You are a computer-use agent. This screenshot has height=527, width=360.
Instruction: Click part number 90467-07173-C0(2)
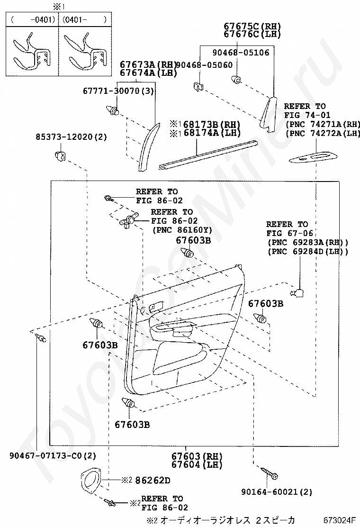pyautogui.click(x=53, y=456)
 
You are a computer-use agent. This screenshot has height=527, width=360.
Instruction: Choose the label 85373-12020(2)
pyautogui.click(x=72, y=137)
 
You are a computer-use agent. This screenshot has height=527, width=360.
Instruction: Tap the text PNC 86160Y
pyautogui.click(x=182, y=230)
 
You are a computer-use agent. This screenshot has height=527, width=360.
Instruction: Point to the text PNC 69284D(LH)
pyautogui.click(x=308, y=251)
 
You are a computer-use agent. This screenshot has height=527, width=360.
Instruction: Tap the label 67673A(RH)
pyautogui.click(x=147, y=64)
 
